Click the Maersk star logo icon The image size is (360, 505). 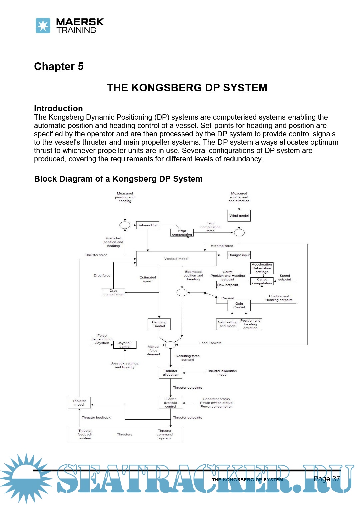tap(43, 26)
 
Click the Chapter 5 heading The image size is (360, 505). tap(59, 66)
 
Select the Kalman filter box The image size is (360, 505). tap(148, 225)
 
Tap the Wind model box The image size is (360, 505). tap(239, 216)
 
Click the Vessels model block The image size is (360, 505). tap(176, 259)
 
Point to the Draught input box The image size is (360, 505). tap(239, 255)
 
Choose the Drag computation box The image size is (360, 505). tap(113, 293)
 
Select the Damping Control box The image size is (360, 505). tap(159, 324)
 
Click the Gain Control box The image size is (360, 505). tap(239, 305)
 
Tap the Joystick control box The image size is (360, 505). tap(125, 345)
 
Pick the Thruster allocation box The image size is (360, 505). tap(171, 373)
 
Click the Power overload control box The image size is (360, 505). tap(171, 403)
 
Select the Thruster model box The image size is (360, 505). tap(79, 403)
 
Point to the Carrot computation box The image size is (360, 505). tap(262, 281)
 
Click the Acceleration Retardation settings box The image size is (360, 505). tap(262, 268)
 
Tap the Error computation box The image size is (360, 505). tap(182, 233)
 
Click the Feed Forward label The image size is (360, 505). tap(210, 343)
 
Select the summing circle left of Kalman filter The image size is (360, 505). tap(125, 225)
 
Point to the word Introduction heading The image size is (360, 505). tap(58, 108)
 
